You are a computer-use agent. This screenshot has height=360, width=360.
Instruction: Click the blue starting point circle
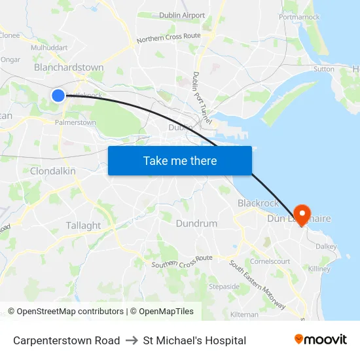pos(58,96)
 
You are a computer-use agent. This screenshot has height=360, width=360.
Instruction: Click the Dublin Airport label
pos(182,15)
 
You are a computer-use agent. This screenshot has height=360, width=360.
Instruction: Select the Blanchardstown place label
pos(69,67)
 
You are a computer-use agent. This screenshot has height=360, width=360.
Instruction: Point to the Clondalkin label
pos(53,171)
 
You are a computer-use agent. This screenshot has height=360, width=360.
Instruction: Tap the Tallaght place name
pos(83,225)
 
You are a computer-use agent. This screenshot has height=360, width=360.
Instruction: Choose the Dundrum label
pos(196,223)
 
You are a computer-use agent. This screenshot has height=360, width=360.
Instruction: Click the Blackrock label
pos(258,204)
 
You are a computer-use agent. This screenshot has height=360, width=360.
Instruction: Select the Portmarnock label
pos(299,17)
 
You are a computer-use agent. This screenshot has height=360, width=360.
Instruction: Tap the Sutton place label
pos(323,69)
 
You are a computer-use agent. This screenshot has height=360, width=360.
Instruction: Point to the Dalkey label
pos(325,247)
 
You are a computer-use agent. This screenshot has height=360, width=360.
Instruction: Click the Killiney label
pos(319,269)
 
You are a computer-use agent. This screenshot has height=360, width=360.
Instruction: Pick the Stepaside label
pos(224,287)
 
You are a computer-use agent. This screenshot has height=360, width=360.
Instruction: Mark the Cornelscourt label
pos(270,261)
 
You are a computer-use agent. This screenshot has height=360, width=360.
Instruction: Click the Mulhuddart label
pos(49,48)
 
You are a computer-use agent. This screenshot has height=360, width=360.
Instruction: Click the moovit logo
pos(320,340)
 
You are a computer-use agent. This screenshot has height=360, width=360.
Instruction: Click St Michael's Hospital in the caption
pos(194,340)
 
